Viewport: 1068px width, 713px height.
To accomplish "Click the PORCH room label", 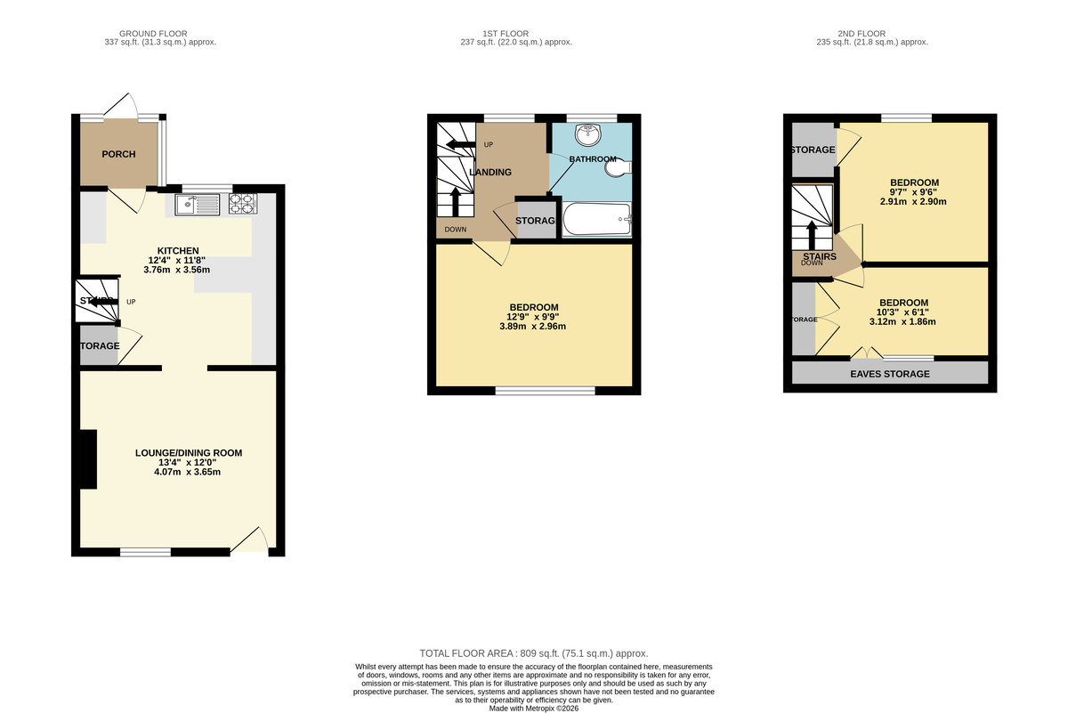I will (118, 154).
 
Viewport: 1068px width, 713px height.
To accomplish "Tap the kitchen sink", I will (198, 205).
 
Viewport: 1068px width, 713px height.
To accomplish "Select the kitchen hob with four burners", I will (241, 205).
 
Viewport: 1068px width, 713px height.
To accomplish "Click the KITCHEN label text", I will (178, 250).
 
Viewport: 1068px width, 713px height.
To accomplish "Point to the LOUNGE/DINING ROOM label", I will (188, 453).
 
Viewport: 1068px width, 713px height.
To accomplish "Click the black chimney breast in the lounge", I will (88, 458).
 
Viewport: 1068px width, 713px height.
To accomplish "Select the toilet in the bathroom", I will (620, 166).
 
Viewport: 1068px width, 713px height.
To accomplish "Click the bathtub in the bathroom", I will (595, 218).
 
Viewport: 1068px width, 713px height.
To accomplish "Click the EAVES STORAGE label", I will (890, 374).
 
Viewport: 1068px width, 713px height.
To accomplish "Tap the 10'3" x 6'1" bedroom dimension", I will (903, 312).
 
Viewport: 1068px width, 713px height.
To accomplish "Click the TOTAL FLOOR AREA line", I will (534, 653).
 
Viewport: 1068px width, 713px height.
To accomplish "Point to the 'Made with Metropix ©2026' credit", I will (534, 708).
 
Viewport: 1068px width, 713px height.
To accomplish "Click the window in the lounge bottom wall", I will (145, 552).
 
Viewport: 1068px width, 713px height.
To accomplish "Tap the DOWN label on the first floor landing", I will (456, 229).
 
